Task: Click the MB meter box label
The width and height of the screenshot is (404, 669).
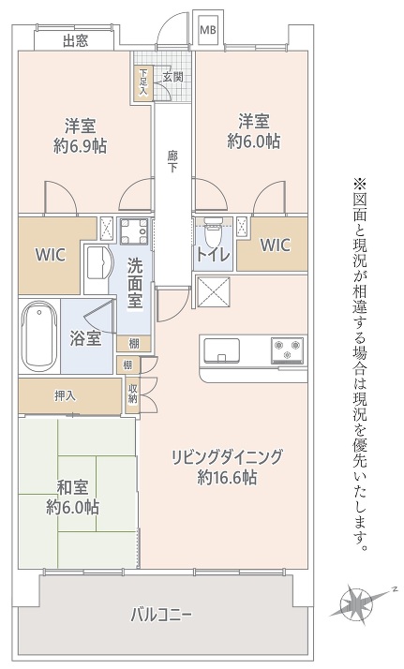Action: (x=209, y=30)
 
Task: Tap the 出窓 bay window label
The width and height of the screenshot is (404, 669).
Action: (x=76, y=41)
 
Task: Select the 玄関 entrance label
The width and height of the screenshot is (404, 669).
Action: (x=172, y=77)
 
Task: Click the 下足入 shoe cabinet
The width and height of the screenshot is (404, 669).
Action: (x=142, y=83)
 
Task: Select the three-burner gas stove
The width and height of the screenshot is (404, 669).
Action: (x=287, y=349)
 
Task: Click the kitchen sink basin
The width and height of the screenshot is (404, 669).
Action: (x=222, y=350)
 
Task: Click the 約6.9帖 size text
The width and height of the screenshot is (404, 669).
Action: (x=81, y=146)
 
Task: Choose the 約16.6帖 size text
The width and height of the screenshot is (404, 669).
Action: (x=227, y=477)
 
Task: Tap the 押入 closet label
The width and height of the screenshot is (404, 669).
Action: (x=66, y=396)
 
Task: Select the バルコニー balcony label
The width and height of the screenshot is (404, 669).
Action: (x=161, y=615)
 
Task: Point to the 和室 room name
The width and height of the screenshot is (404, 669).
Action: (x=72, y=488)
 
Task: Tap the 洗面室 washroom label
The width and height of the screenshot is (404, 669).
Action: (x=135, y=284)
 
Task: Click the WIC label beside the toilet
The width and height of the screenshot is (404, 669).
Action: (x=276, y=245)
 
